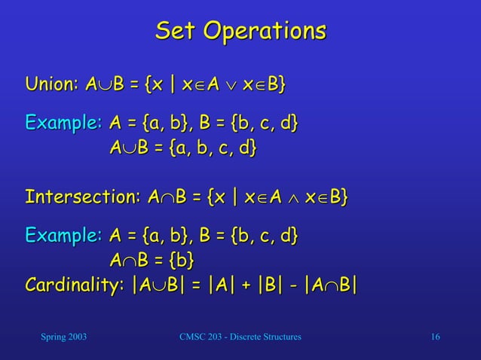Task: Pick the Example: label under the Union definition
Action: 64,123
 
